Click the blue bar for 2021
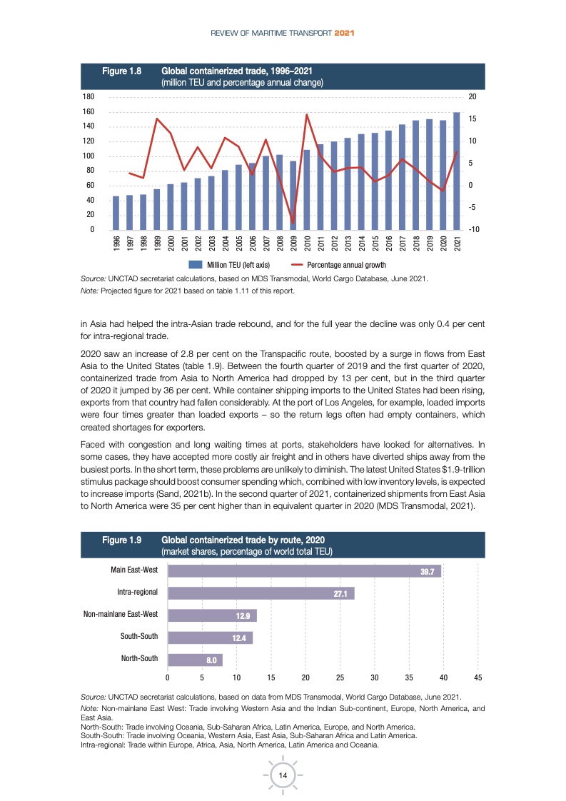(457, 171)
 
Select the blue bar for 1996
(116, 213)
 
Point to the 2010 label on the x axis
(307, 243)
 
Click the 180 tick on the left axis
(90, 96)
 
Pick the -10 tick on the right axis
(472, 229)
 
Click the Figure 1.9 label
(122, 540)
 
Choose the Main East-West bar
(304, 570)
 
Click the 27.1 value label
(340, 593)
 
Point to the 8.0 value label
(211, 660)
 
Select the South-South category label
(139, 636)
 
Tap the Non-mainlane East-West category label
(121, 614)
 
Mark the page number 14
(283, 775)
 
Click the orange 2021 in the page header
(345, 33)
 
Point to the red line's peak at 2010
(307, 114)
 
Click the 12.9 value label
(243, 615)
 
